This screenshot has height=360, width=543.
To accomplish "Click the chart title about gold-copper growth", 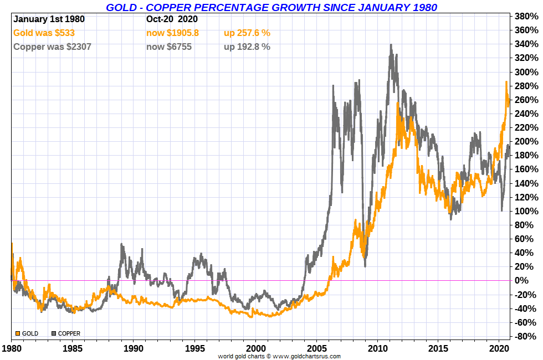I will coord(271,7).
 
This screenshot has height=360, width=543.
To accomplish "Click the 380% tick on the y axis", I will coord(527,16).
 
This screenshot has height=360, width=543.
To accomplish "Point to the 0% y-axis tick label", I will coord(527,281).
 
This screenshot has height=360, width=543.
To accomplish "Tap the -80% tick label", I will coord(527,337).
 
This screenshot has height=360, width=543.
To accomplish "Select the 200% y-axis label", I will coord(527,142).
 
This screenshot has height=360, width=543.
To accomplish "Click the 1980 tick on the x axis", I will coord(11,349).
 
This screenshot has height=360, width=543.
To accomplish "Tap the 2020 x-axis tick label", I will coord(499,349).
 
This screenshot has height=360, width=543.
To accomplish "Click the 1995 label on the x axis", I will coord(194,349).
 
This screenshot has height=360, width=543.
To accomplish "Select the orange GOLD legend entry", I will coord(27,333).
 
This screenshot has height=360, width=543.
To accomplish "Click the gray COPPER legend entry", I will coord(66,333).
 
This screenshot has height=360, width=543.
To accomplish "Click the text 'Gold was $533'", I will coord(44,33).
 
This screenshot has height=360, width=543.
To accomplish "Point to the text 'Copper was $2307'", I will coord(52,47).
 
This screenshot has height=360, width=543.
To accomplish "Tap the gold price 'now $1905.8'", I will coord(172,33).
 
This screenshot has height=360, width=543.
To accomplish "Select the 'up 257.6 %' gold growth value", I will coord(247,33).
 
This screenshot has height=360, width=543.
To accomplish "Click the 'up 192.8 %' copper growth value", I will coord(247,47).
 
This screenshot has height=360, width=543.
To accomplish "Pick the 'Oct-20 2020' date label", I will coord(172,19).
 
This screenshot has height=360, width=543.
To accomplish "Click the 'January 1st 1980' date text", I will coord(49,19).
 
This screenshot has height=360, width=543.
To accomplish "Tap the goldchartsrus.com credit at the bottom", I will coord(279,356).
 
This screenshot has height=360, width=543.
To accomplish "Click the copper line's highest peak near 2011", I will coord(391,45).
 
